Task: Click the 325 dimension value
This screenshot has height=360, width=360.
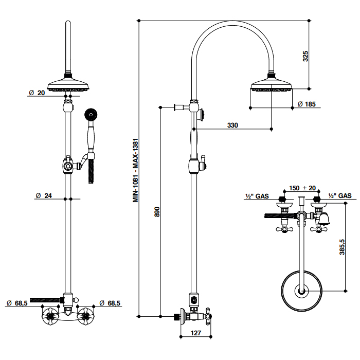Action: point(305,56)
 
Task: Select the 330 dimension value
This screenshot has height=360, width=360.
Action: point(233,125)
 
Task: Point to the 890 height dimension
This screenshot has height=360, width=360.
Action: point(157,213)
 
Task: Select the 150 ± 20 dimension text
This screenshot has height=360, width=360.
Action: point(302,188)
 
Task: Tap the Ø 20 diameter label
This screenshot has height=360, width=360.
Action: point(37,93)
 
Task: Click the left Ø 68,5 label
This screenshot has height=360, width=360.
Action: point(17,303)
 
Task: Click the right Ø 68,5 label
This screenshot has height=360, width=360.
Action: point(110,303)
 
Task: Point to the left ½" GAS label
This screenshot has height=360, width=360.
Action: point(256,196)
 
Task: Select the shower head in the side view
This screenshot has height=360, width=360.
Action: point(271,86)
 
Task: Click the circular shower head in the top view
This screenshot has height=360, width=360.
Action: point(302,291)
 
